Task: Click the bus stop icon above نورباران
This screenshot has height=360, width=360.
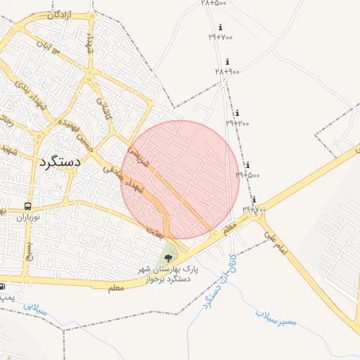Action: coord(27,206)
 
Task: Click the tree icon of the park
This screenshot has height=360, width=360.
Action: coord(167,259)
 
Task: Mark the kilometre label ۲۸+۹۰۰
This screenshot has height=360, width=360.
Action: coord(228,72)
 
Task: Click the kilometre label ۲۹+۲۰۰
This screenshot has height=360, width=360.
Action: coord(238,123)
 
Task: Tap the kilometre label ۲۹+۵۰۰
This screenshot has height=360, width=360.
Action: coord(247,175)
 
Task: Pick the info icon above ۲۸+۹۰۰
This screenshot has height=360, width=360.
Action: coord(227,62)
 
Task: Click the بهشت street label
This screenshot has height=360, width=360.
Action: coord(155,229)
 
